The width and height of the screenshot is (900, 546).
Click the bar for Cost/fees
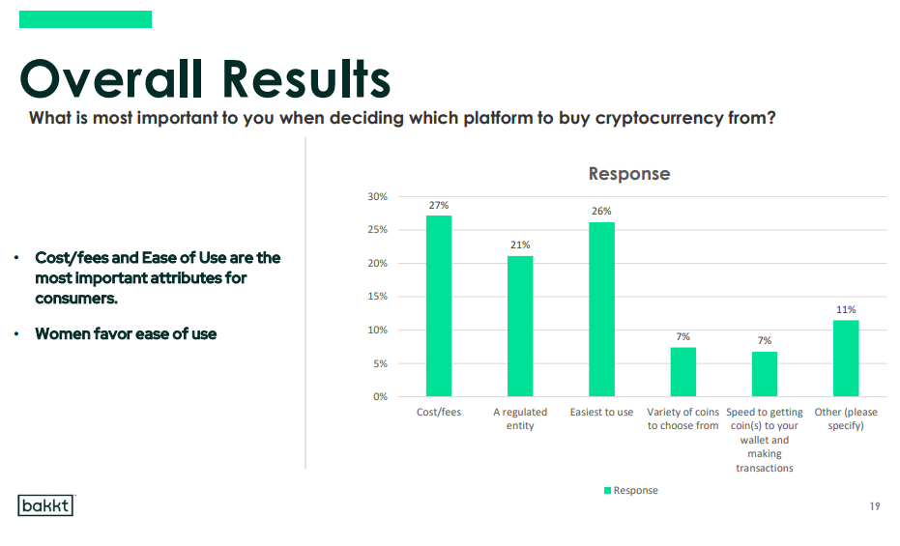[x=439, y=305]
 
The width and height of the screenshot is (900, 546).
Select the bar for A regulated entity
[x=520, y=326]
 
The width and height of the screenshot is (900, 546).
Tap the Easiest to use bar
[x=601, y=309]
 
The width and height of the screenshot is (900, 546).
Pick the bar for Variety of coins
[x=683, y=372]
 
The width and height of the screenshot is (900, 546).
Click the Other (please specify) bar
[x=846, y=359]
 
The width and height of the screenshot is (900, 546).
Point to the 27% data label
[x=439, y=205]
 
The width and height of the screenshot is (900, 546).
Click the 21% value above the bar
[x=520, y=244]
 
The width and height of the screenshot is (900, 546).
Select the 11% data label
[x=846, y=309]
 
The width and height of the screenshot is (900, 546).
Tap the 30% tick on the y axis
[x=378, y=197]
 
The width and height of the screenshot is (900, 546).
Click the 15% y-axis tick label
[x=378, y=297]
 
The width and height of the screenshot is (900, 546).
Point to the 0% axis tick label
[x=381, y=397]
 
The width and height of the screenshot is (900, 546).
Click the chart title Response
[x=629, y=174]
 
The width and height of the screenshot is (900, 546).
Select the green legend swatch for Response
[x=607, y=490]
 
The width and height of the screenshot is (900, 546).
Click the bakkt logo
[x=46, y=505]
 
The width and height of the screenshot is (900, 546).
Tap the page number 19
[x=875, y=506]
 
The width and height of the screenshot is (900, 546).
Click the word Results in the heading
[x=306, y=79]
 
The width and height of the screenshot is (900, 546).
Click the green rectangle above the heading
[x=85, y=19]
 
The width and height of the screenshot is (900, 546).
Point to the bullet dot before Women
[x=16, y=333]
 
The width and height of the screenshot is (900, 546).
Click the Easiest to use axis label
[x=601, y=413]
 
